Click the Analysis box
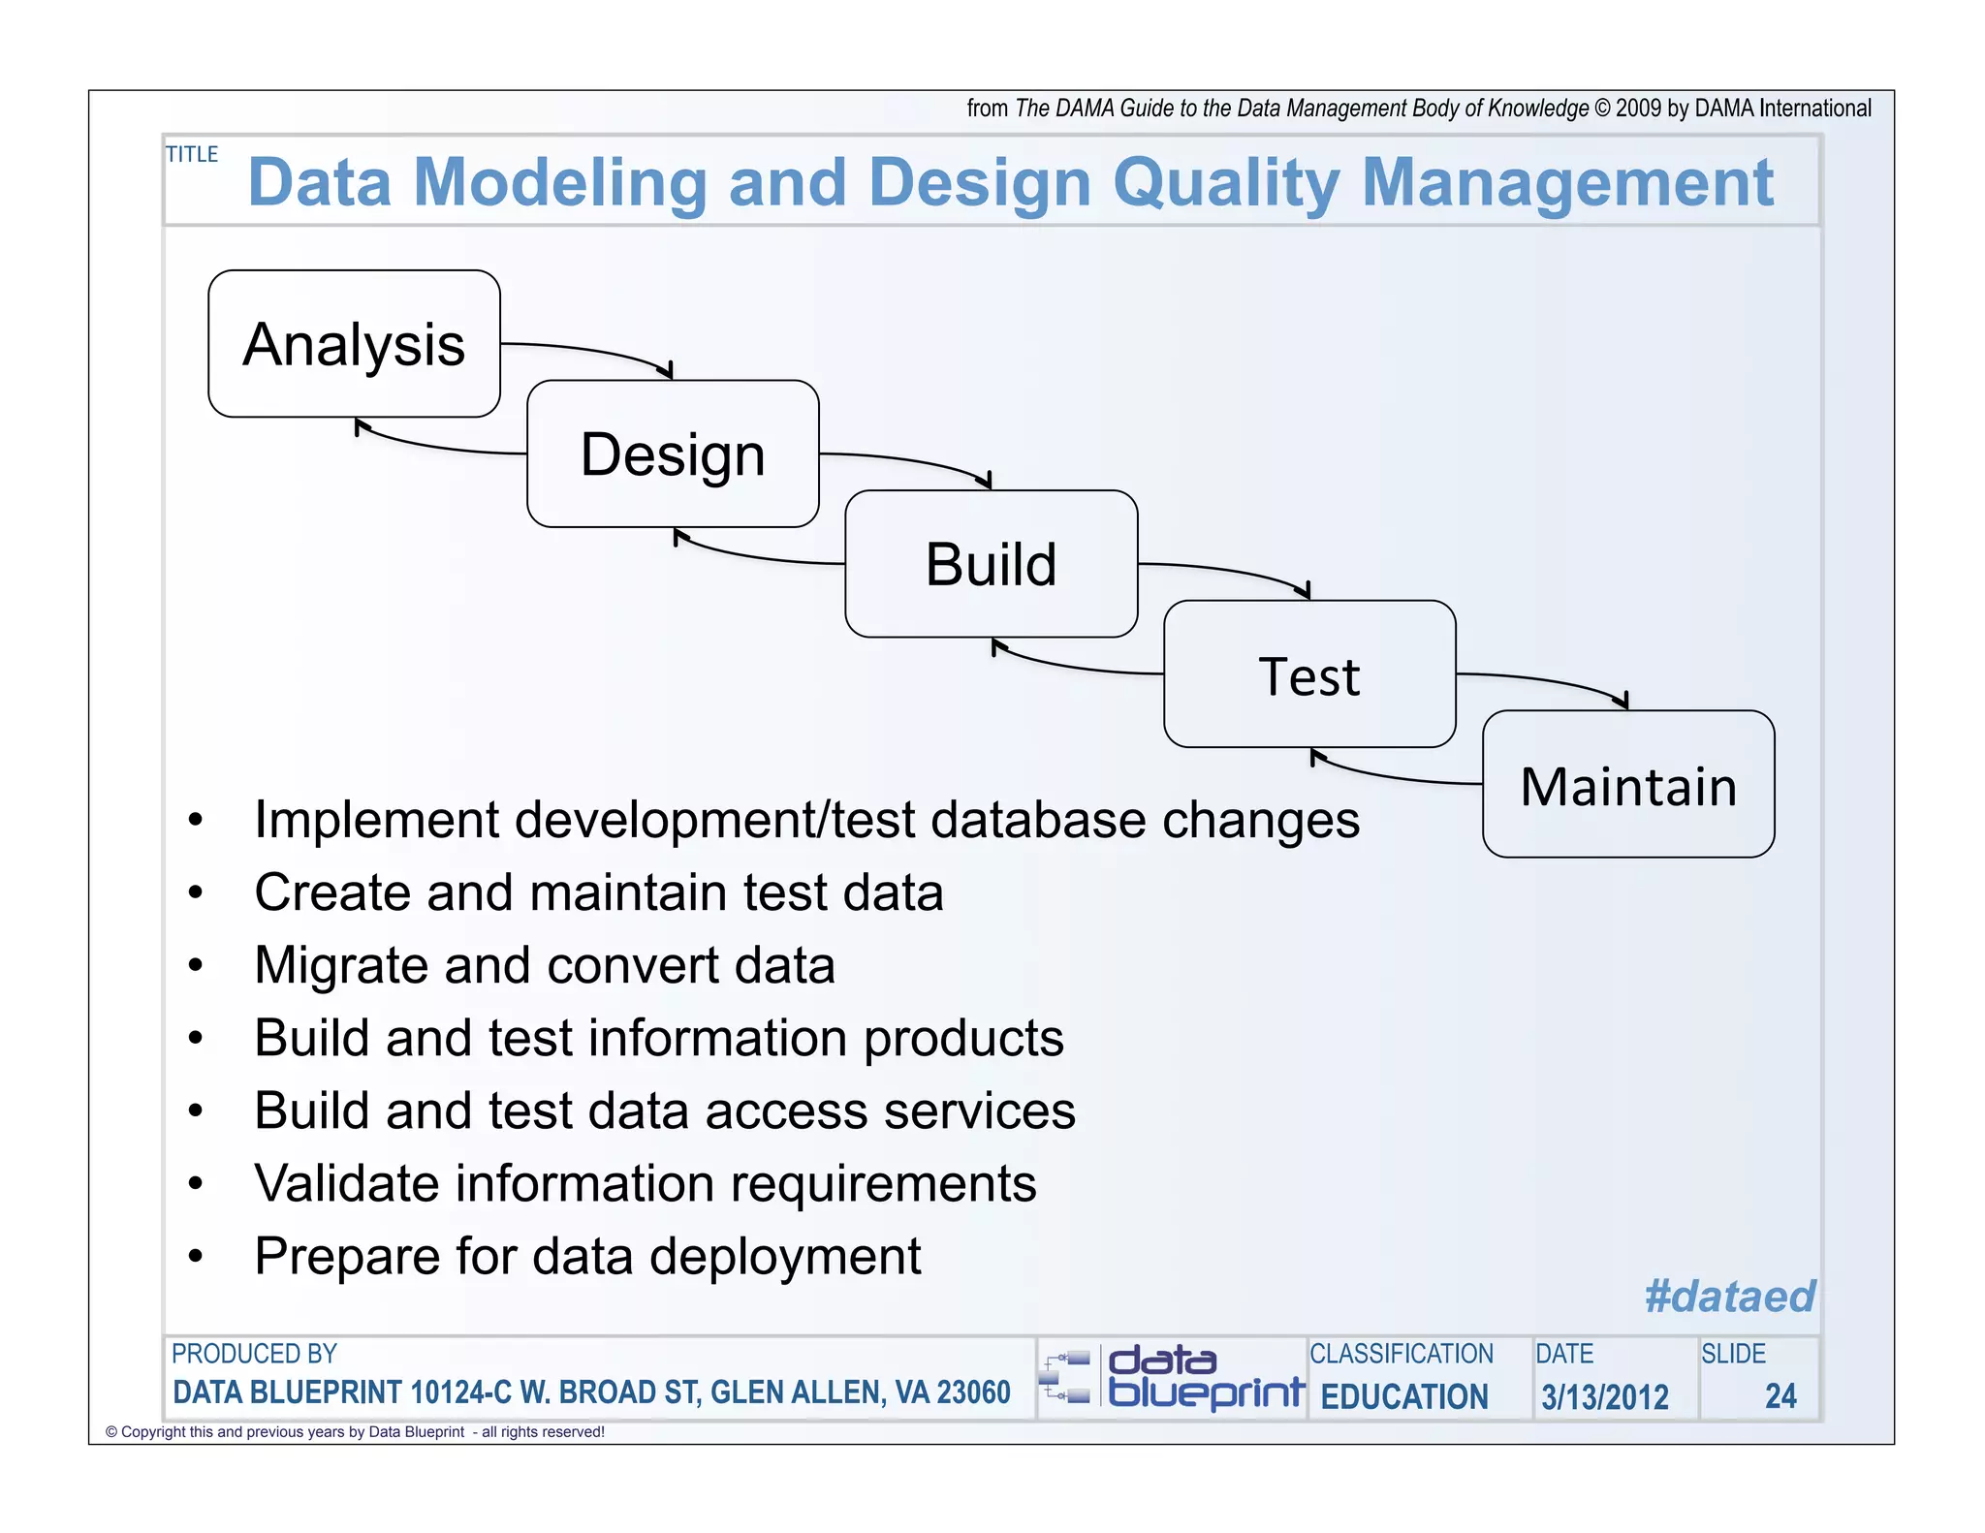(354, 344)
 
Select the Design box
(673, 454)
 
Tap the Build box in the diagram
(991, 564)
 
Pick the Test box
(1309, 674)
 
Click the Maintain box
(1628, 784)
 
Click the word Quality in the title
(1226, 183)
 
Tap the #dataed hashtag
(1729, 1296)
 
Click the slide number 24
(1780, 1396)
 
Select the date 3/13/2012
(1605, 1397)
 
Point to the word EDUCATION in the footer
(1404, 1397)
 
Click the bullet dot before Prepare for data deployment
(196, 1257)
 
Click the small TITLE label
(192, 154)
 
